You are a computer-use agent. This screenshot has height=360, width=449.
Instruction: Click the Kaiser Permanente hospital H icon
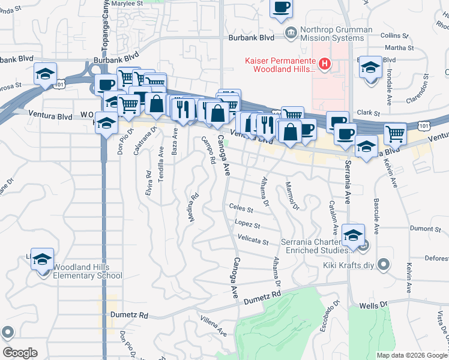click(325, 63)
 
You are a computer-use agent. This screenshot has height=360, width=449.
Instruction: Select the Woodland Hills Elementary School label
click(88, 271)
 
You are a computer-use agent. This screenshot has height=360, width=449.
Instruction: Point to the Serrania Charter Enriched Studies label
click(315, 246)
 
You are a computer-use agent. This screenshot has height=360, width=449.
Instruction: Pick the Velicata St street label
click(253, 241)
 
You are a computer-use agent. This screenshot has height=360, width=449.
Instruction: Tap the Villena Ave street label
click(213, 326)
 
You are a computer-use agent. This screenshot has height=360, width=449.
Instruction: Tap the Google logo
click(19, 353)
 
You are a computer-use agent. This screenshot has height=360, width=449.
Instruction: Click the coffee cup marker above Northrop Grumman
click(281, 8)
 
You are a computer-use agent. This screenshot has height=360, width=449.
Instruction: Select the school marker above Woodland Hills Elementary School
click(42, 259)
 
